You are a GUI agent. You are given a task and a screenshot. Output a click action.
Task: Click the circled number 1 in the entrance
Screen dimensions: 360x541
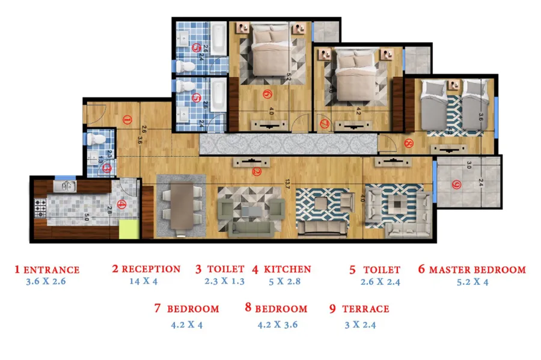pyautogui.click(x=127, y=120)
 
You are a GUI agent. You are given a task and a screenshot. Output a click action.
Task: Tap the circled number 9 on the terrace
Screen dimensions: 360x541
pyautogui.click(x=456, y=185)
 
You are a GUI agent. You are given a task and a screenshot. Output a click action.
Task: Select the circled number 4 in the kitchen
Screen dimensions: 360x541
pyautogui.click(x=122, y=204)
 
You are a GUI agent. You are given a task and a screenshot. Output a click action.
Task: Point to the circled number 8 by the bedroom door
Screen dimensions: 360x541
pyautogui.click(x=409, y=144)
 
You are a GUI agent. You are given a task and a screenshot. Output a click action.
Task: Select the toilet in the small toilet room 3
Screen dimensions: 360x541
pyautogui.click(x=96, y=139)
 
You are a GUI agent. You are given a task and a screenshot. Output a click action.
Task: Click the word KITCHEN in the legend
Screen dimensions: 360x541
pyautogui.click(x=287, y=269)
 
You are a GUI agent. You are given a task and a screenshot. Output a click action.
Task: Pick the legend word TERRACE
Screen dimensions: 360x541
pyautogui.click(x=365, y=309)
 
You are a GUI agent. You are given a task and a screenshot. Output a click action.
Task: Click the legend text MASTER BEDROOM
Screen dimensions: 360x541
pyautogui.click(x=477, y=270)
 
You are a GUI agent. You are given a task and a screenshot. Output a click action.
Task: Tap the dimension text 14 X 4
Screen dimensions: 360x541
pyautogui.click(x=143, y=281)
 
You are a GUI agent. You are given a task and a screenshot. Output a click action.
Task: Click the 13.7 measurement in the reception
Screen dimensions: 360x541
pyautogui.click(x=287, y=187)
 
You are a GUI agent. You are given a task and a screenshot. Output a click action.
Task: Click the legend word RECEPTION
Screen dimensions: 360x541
pyautogui.click(x=151, y=269)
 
